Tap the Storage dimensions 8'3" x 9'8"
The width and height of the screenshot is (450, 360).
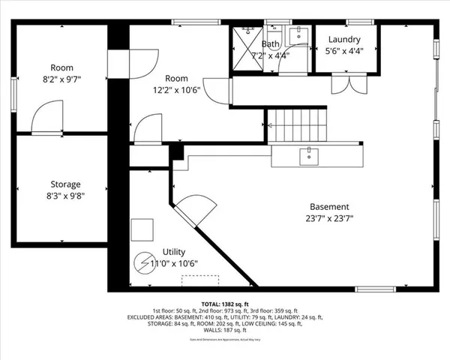65,196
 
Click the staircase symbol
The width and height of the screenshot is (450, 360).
298,125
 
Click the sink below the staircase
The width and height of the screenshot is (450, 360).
308,156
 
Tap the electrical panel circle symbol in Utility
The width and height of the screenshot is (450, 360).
142,263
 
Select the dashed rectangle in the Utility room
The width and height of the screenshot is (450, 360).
200,279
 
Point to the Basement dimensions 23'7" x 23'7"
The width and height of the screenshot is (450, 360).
329,219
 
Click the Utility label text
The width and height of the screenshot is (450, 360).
174,252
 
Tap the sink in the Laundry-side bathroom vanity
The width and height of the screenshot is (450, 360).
296,34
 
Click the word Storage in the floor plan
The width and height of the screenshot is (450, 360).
65,184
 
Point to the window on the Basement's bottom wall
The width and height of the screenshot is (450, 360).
375,289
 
